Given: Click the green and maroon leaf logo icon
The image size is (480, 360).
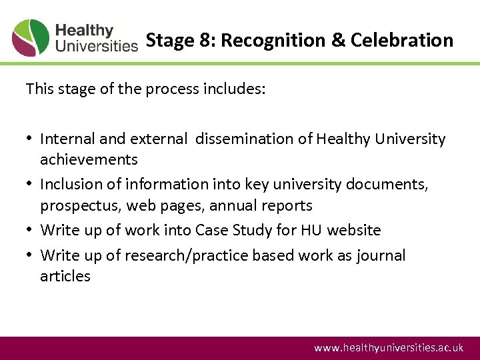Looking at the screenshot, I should pos(31,38).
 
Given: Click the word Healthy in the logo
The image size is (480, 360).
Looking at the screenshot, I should pos(84,31).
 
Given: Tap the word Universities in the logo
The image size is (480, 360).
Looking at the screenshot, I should pos(96,46).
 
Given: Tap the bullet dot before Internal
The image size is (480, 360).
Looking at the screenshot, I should pos(30,139).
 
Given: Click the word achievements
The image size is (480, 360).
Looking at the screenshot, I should pos(89,159).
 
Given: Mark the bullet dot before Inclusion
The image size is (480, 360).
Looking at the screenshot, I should pos(30,185).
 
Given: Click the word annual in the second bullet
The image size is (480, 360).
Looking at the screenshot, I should pos(233,205).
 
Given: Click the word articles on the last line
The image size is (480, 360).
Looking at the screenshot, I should pos(65,276).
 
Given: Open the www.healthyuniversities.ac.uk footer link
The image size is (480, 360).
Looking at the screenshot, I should pos(389,348).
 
